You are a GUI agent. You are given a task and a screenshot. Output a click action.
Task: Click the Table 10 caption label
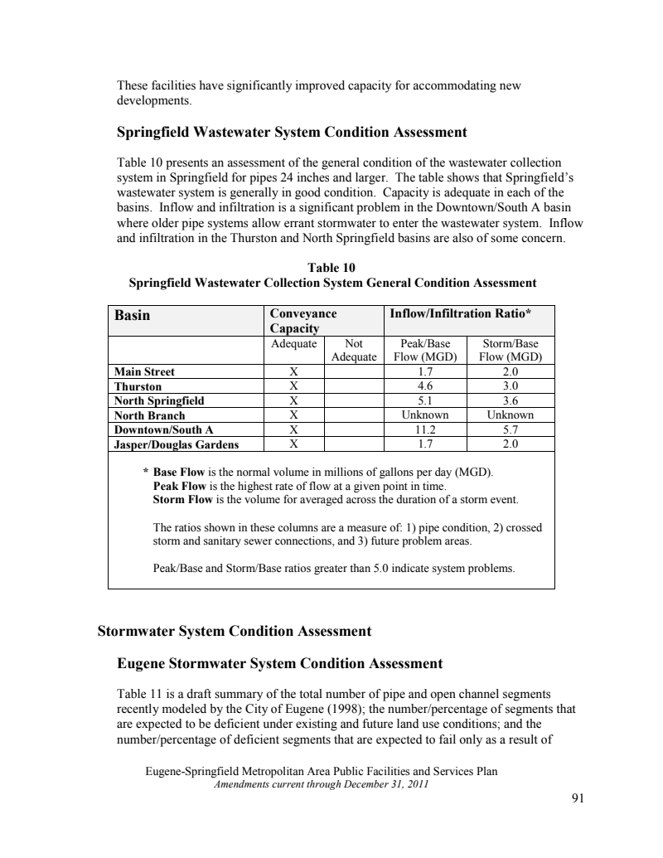click(x=331, y=267)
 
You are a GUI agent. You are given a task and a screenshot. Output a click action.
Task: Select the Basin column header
click(x=133, y=316)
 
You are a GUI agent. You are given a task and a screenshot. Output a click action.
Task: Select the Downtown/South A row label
click(x=163, y=429)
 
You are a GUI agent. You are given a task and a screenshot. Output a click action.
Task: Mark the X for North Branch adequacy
click(x=293, y=415)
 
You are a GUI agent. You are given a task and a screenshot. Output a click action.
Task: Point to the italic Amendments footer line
click(x=319, y=782)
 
